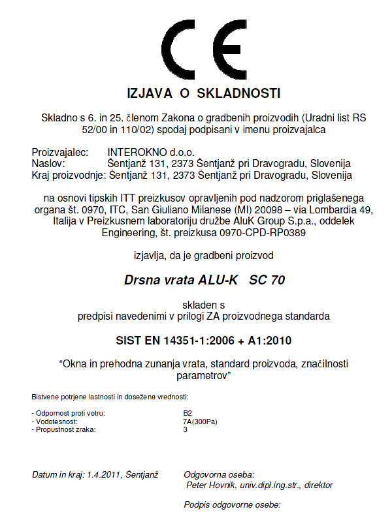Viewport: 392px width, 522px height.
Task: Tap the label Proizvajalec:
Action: (x=59, y=151)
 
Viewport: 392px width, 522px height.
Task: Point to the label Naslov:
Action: (x=48, y=163)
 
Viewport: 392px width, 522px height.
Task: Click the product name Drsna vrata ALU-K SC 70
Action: (x=204, y=281)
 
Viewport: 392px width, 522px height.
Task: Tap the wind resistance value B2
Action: (x=188, y=413)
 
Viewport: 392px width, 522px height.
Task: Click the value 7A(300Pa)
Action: (x=200, y=422)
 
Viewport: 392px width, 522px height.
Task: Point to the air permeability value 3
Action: (x=186, y=429)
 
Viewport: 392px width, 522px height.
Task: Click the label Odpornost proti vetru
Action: (x=69, y=413)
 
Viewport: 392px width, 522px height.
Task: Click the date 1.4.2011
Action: (x=107, y=474)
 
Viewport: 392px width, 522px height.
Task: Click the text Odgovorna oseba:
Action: (x=220, y=474)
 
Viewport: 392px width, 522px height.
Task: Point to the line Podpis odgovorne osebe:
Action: (x=232, y=505)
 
